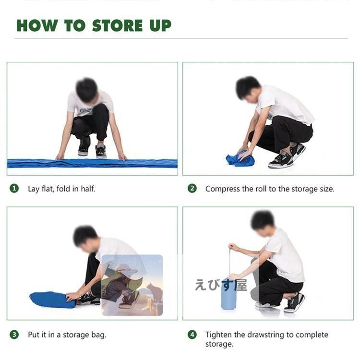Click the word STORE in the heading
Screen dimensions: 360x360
click(117, 25)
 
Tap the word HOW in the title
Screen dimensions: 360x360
click(37, 25)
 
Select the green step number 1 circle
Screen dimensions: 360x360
click(14, 189)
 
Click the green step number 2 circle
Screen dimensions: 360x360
click(192, 189)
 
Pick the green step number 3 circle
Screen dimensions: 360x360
click(14, 335)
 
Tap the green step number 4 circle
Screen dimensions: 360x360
click(192, 335)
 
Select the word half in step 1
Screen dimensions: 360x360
click(88, 189)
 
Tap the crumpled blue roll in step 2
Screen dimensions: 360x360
click(240, 158)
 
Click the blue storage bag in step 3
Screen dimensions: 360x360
click(52, 300)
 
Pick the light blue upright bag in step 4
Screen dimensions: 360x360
click(228, 294)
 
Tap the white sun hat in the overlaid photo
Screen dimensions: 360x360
click(126, 270)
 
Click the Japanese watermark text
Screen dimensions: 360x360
click(221, 285)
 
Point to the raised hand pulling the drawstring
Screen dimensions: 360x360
click(233, 247)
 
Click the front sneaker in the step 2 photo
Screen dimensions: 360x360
click(281, 161)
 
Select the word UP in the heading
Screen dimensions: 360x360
click(160, 25)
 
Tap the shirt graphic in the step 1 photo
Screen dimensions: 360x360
click(85, 111)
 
